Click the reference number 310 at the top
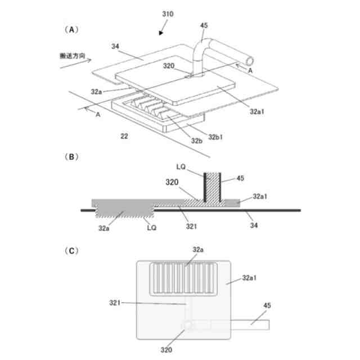168,13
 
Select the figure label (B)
71,158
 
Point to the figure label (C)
71,250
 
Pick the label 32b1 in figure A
217,137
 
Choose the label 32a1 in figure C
251,277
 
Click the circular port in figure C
186,326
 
